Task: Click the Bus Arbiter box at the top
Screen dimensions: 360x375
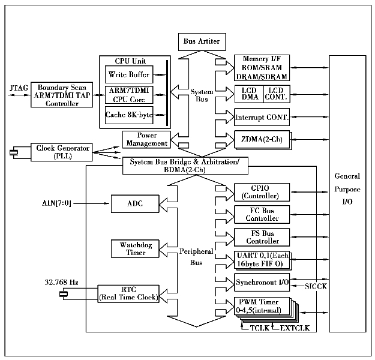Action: click(x=200, y=41)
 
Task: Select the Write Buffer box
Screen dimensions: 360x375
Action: click(x=129, y=74)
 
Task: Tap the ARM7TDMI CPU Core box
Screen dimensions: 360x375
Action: click(x=129, y=95)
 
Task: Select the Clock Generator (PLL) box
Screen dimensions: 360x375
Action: click(x=62, y=151)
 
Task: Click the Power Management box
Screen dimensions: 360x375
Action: click(x=146, y=139)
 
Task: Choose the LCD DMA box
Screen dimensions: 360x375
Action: click(x=250, y=93)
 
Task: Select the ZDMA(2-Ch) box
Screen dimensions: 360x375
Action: click(x=262, y=139)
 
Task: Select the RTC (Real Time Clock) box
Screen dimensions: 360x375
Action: click(x=128, y=293)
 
